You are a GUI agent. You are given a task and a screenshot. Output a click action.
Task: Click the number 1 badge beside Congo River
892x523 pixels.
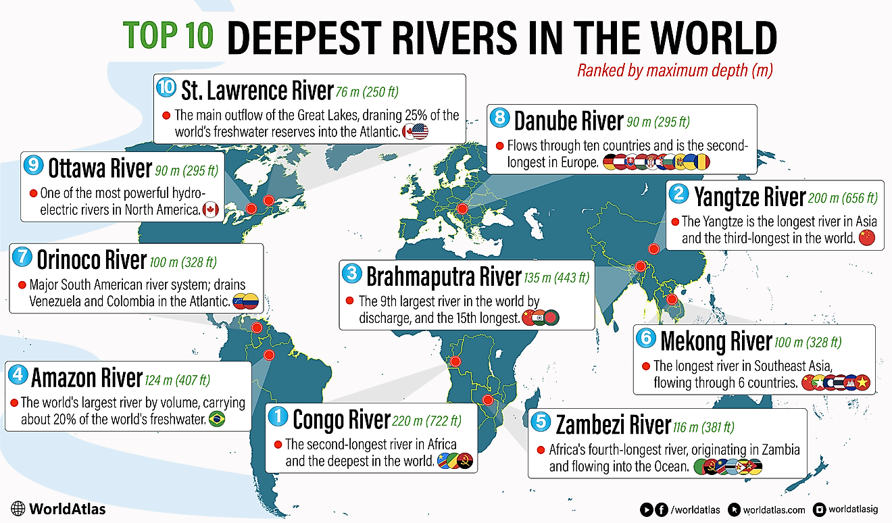(x=278, y=418)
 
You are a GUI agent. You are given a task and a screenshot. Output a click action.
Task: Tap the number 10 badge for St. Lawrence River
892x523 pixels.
(x=166, y=88)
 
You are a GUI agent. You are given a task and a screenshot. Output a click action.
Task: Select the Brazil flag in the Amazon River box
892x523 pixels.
(x=216, y=420)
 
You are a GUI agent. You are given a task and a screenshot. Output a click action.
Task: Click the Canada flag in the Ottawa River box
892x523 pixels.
(x=210, y=209)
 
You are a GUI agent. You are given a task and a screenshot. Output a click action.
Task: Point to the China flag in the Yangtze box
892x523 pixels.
(x=866, y=237)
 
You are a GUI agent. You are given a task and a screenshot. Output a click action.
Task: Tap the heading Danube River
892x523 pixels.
(x=568, y=121)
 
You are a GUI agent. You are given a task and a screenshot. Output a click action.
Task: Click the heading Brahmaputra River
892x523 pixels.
(x=443, y=276)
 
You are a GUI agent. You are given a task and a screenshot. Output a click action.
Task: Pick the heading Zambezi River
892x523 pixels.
(x=612, y=425)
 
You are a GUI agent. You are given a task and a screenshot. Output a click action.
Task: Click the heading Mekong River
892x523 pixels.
(x=716, y=341)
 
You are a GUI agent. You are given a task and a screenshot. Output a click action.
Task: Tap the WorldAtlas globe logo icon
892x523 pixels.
(x=18, y=509)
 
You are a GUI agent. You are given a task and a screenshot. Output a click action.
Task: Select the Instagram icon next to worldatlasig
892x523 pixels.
(x=819, y=509)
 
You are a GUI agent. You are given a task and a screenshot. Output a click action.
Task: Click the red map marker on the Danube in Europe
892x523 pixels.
(x=462, y=209)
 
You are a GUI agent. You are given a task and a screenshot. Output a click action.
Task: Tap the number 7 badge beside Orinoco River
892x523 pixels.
(x=22, y=258)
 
